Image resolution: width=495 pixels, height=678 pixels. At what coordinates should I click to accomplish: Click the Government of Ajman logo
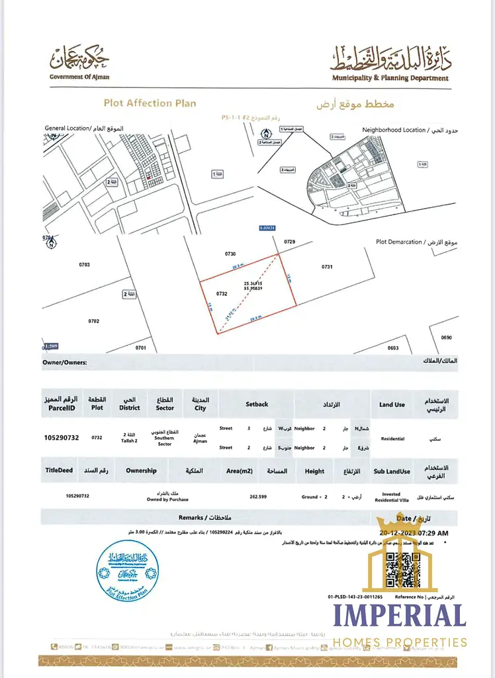pyautogui.click(x=79, y=62)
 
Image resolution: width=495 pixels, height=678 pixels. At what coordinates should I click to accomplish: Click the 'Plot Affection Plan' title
pyautogui.click(x=150, y=103)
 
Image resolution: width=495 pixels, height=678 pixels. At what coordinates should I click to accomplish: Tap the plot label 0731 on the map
pyautogui.click(x=327, y=267)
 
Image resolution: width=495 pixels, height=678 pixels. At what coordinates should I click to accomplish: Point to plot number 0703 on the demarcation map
pyautogui.click(x=84, y=265)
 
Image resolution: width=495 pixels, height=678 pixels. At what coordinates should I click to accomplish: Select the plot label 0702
pyautogui.click(x=93, y=321)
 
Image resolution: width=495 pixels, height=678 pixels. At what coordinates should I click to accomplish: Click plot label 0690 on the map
pyautogui.click(x=445, y=338)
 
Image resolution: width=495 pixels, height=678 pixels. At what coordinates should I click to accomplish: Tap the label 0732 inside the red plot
pyautogui.click(x=222, y=293)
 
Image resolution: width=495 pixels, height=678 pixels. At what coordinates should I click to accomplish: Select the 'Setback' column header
pyautogui.click(x=257, y=404)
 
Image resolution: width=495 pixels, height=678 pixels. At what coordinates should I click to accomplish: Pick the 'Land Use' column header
pyautogui.click(x=392, y=405)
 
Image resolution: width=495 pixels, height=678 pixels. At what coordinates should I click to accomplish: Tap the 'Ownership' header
pyautogui.click(x=141, y=471)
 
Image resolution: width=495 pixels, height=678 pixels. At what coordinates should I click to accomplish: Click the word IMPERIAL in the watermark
pyautogui.click(x=399, y=616)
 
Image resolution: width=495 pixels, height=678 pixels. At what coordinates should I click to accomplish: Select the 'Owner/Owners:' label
pyautogui.click(x=64, y=363)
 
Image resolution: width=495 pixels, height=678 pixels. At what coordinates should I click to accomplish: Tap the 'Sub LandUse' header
pyautogui.click(x=392, y=471)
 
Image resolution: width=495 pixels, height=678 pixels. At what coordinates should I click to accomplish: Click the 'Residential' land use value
pyautogui.click(x=392, y=438)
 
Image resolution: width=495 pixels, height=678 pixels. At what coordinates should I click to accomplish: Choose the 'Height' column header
pyautogui.click(x=314, y=471)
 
